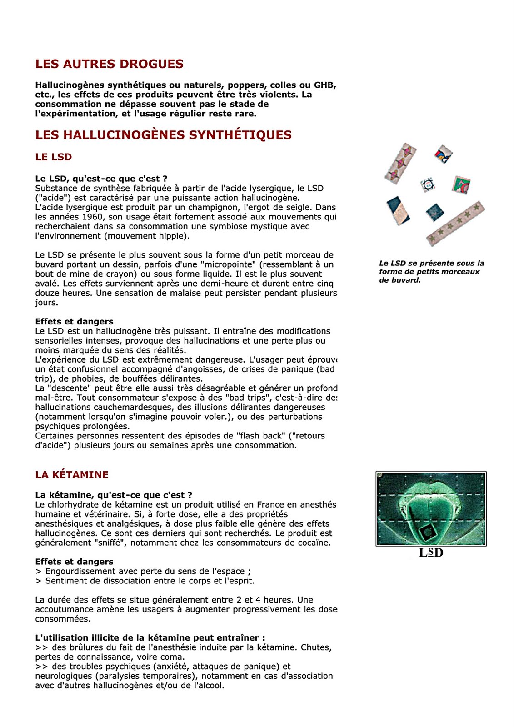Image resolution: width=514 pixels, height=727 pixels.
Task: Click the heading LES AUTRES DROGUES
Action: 110,64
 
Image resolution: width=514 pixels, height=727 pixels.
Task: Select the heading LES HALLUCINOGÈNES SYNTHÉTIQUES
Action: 163,135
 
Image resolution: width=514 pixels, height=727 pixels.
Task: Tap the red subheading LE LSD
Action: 54,157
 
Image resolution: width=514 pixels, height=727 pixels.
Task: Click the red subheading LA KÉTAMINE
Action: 72,475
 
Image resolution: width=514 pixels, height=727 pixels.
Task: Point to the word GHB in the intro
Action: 324,85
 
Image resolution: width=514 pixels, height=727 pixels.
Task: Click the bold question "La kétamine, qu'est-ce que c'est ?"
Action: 114,495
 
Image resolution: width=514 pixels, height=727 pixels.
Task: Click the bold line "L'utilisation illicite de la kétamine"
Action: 150,637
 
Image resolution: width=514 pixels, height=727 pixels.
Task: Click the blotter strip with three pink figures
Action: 400,164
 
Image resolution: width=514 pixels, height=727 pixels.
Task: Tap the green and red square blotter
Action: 461,185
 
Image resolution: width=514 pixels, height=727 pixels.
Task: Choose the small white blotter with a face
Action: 428,184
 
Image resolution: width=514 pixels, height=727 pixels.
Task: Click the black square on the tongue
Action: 427,532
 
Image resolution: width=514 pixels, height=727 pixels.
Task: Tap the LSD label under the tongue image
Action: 431,553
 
